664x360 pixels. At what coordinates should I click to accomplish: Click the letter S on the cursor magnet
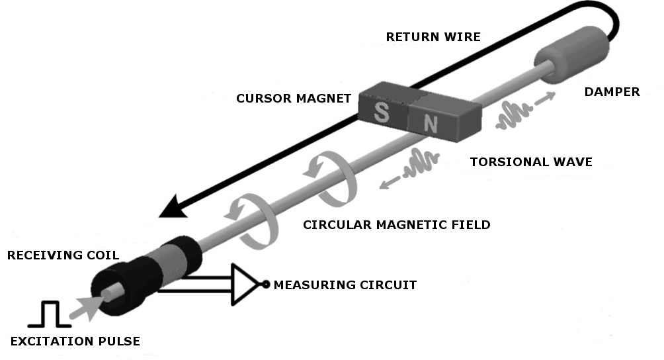point(381,112)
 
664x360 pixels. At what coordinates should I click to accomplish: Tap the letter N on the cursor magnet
point(431,122)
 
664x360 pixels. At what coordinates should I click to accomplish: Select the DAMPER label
point(612,92)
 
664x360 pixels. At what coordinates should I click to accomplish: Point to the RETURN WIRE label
point(433,36)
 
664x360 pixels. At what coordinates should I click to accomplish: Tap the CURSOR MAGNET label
point(294,99)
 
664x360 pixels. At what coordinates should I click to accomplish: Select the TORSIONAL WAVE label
point(530,161)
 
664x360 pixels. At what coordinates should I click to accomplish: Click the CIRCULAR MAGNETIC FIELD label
point(396,225)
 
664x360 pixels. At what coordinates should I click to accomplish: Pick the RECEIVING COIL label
point(63,255)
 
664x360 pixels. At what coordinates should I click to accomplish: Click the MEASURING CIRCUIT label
point(345,285)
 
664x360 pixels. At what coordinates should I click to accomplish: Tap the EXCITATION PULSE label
point(75,341)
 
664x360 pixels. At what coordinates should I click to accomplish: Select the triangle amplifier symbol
point(244,285)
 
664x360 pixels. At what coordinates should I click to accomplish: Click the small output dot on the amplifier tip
point(265,285)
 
